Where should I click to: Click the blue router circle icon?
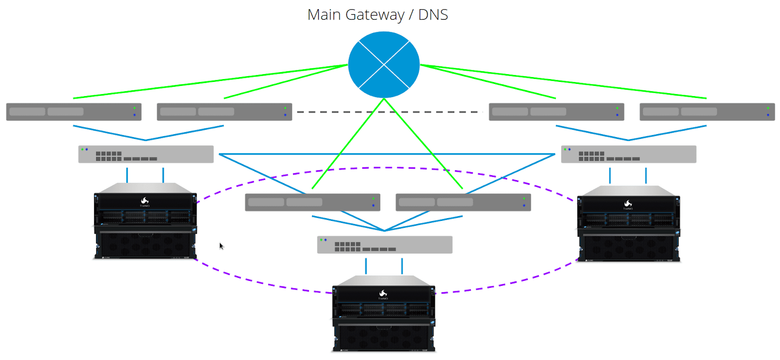pyautogui.click(x=384, y=64)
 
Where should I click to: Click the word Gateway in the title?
pyautogui.click(x=374, y=15)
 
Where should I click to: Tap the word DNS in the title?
pyautogui.click(x=433, y=15)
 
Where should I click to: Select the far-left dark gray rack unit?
pyautogui.click(x=74, y=112)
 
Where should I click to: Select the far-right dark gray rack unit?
pyautogui.click(x=707, y=112)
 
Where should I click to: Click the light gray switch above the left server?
pyautogui.click(x=146, y=154)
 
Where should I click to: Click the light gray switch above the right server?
pyautogui.click(x=628, y=154)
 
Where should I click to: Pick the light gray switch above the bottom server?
pyautogui.click(x=385, y=245)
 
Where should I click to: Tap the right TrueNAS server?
pyautogui.click(x=628, y=224)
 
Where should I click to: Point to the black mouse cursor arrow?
pyautogui.click(x=221, y=246)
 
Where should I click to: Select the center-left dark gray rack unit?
pyautogui.click(x=312, y=202)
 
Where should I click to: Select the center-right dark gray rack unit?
pyautogui.click(x=463, y=202)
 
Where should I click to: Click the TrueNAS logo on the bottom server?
pyautogui.click(x=383, y=294)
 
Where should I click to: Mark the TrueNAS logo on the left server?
pyautogui.click(x=145, y=201)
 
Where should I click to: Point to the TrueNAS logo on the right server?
pyautogui.click(x=628, y=203)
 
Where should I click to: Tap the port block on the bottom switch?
pyautogui.click(x=347, y=247)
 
